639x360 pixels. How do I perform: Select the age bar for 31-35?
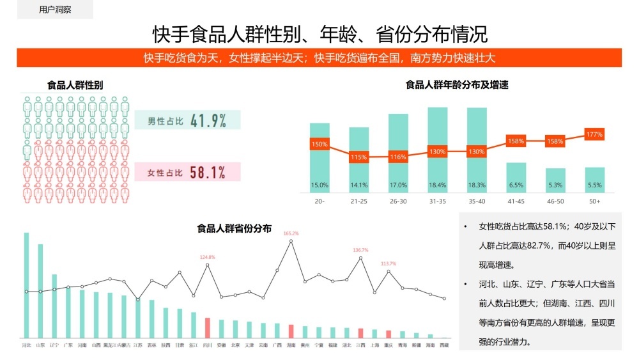point(437,150)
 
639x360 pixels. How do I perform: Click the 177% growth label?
point(594,134)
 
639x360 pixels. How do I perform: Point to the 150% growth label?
point(319,145)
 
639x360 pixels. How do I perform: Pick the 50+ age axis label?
point(594,201)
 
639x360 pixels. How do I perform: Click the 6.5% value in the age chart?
point(516,185)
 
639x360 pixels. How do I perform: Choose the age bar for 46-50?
point(555,180)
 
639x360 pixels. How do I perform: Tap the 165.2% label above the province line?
point(291,233)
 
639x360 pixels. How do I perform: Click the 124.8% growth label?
point(208,257)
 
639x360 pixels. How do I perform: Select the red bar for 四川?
point(208,327)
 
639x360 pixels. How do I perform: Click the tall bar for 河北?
point(27,285)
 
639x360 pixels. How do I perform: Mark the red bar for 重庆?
point(389,334)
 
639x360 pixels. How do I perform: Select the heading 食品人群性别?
point(75,85)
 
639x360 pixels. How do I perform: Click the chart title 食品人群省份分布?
point(235,228)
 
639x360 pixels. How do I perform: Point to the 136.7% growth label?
point(361,250)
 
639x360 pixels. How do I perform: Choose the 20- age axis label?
point(319,201)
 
